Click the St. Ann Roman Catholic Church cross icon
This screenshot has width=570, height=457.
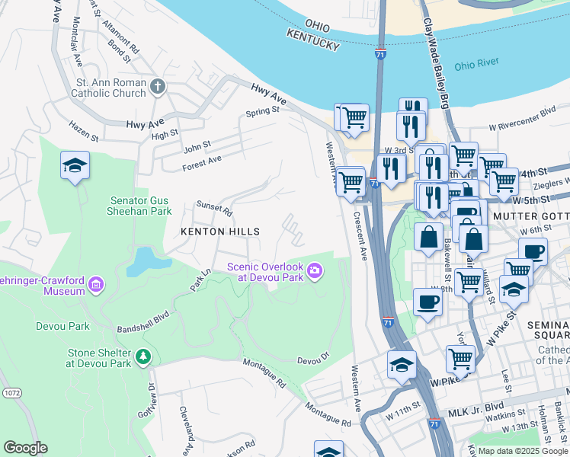tap(159, 85)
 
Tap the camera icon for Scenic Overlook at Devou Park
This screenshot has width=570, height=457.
tap(313, 270)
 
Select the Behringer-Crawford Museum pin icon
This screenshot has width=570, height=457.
tap(96, 285)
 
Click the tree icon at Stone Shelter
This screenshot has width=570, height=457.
tap(142, 356)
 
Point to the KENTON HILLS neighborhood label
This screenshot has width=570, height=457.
tap(219, 232)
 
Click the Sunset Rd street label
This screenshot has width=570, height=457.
tap(213, 207)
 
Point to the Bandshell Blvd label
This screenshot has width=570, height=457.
tap(142, 322)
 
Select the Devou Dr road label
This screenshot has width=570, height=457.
tap(312, 360)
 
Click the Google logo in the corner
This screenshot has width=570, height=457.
tap(26, 448)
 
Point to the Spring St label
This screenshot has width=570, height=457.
tap(263, 112)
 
